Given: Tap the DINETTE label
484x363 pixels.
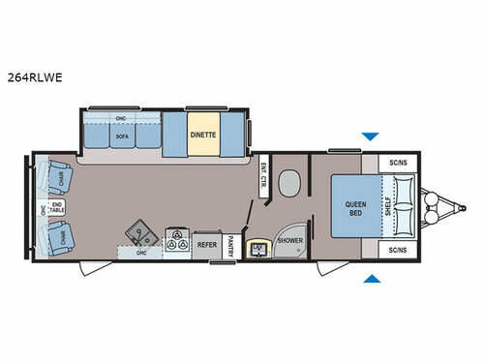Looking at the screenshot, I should [x=202, y=136].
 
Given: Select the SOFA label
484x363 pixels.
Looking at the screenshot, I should [x=122, y=137].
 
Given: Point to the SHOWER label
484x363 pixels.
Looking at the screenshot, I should [x=290, y=242].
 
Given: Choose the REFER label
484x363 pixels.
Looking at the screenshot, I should [x=206, y=246].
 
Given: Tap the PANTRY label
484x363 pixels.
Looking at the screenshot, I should [x=230, y=246].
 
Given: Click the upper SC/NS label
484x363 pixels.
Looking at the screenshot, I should [x=397, y=163].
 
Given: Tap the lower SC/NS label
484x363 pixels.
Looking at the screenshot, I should [x=397, y=251].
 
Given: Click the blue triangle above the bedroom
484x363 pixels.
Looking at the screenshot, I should [x=369, y=136].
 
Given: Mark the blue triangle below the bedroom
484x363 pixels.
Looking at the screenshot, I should [x=369, y=280].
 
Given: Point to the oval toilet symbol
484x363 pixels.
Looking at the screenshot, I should [x=288, y=184].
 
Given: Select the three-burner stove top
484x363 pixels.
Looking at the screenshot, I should [x=176, y=241].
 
